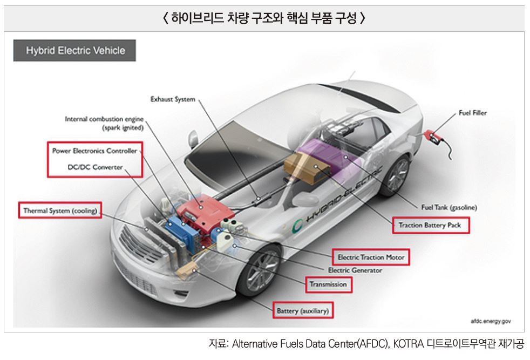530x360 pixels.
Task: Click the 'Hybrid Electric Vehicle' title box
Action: point(75,51)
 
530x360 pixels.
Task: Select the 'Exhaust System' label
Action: point(172,99)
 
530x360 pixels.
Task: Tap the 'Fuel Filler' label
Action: point(472,113)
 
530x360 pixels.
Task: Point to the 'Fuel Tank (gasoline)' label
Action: point(449,207)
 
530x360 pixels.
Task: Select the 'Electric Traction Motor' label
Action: point(371,257)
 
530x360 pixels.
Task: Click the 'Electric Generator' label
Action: point(355,270)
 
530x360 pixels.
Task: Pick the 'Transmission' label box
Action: point(328,284)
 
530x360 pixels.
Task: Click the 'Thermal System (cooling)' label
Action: point(59,211)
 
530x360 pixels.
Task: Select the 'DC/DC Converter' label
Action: point(95,167)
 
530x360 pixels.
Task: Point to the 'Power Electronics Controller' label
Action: point(95,151)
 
